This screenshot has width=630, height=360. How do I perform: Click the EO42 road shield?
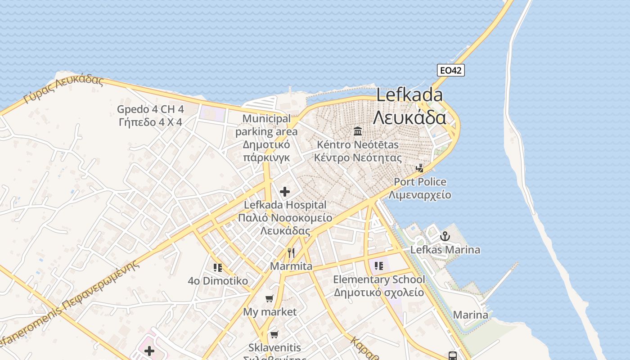(450, 70)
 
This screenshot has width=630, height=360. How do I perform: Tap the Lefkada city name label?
(409, 106)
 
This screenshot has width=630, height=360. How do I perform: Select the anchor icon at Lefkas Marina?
(445, 236)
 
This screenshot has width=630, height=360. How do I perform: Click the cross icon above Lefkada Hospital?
(284, 192)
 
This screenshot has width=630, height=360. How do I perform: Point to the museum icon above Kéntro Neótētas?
(358, 131)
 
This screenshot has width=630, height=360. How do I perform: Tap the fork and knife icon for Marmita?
(291, 253)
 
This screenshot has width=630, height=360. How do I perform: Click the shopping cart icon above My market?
(270, 299)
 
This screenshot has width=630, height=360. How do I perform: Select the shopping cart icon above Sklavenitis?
(274, 335)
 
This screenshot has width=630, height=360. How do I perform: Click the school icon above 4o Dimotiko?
(218, 268)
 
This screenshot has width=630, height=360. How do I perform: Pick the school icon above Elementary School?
(378, 266)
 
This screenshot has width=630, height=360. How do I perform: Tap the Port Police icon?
(420, 168)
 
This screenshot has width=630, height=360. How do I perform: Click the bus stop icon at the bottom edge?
(453, 355)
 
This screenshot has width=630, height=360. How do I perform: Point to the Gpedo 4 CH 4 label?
(150, 115)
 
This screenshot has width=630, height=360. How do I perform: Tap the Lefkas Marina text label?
(445, 250)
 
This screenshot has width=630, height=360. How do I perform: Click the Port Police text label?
(420, 188)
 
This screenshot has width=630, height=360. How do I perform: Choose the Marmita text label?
(291, 266)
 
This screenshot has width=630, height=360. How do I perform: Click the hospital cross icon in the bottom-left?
(149, 351)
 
